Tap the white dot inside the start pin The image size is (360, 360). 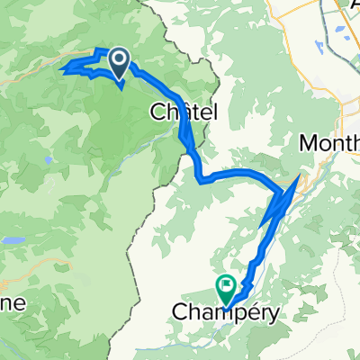[x=120, y=59]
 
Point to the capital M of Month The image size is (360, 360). [x=309, y=143]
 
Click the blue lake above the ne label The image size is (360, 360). [x=14, y=241]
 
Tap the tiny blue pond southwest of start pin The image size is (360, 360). [x=48, y=162]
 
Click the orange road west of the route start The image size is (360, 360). [x=27, y=76]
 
